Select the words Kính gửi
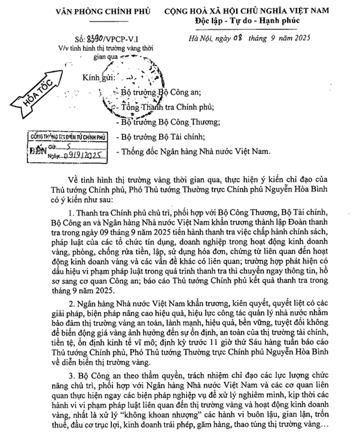pos(100,78)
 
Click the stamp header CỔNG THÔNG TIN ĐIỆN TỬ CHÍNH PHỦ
pos(67,138)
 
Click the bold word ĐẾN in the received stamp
pos(38,150)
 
